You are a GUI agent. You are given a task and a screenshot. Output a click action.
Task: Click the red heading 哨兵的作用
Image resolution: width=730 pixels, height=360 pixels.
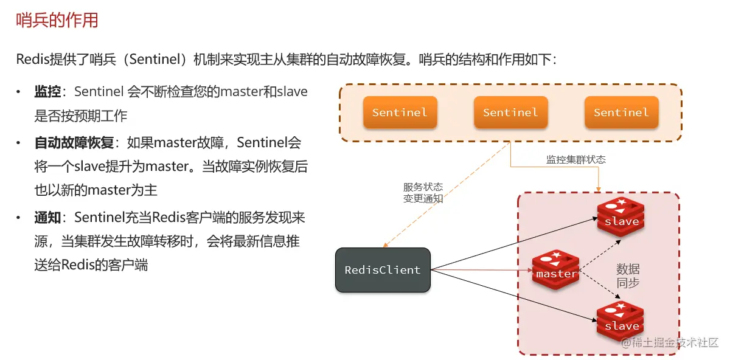tap(57, 21)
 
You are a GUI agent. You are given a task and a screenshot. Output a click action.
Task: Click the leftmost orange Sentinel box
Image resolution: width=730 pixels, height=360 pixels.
tap(400, 112)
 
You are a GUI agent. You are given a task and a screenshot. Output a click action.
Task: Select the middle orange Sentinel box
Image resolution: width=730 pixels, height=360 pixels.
tap(510, 112)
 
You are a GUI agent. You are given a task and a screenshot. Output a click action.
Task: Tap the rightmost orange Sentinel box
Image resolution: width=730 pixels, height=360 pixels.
tap(621, 112)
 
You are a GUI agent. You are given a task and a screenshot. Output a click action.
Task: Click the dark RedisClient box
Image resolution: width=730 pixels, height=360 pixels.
tap(383, 270)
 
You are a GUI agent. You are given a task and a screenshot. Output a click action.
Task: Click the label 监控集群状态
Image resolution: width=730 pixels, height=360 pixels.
tap(575, 160)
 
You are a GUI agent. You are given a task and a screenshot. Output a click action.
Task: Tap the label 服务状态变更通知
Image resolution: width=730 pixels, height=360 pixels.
tap(423, 193)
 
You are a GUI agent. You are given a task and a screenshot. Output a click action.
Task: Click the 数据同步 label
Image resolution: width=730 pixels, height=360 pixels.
tap(628, 276)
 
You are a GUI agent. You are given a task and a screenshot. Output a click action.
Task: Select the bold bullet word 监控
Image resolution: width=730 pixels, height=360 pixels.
tap(47, 92)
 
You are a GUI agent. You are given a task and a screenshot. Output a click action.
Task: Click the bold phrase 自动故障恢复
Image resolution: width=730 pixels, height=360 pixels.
tap(74, 144)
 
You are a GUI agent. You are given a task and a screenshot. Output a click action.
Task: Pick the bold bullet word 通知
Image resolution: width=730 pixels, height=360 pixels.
tap(47, 218)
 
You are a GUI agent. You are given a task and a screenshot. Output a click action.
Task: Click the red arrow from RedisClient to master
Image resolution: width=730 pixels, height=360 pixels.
tap(481, 270)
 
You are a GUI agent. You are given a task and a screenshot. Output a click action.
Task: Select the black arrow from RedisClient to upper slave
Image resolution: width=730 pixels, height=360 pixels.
tap(511, 244)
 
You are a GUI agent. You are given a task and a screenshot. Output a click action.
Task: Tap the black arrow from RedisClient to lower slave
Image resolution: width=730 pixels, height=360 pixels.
tap(511, 294)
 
